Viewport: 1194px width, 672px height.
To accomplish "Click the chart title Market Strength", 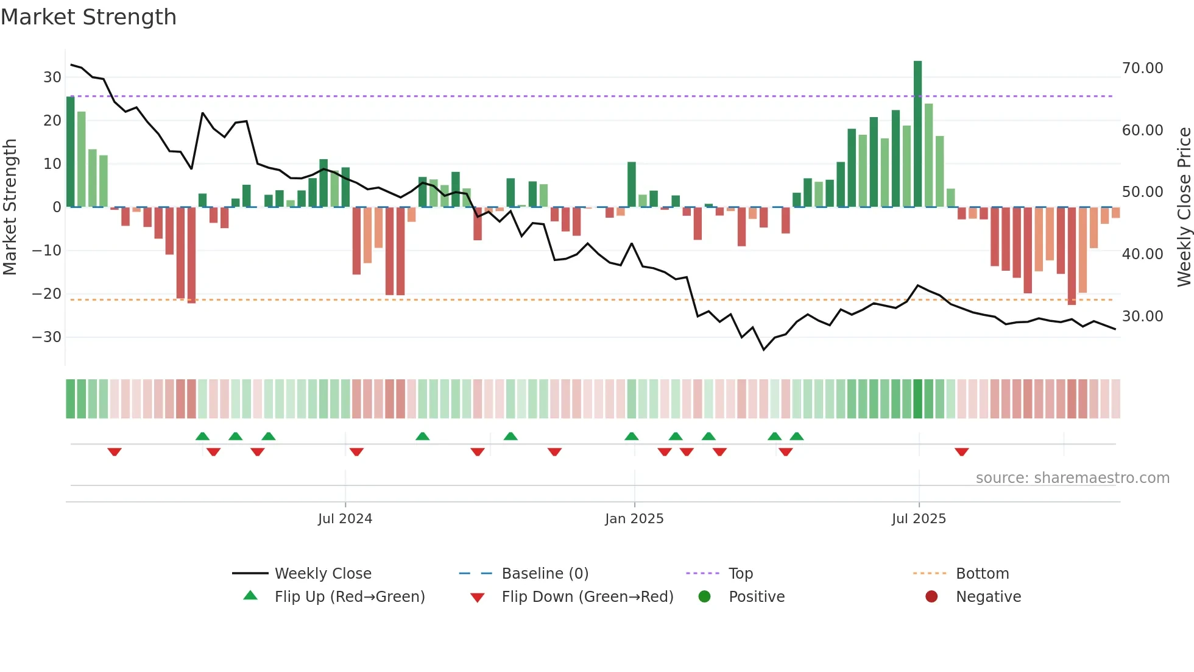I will [88, 17].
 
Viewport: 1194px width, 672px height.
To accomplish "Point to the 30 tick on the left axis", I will [52, 77].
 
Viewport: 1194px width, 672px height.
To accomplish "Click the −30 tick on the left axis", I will [47, 337].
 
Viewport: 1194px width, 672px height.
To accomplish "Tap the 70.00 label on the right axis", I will [1142, 68].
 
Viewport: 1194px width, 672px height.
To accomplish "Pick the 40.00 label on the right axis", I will [1142, 254].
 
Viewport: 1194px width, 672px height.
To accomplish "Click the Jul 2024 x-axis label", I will [345, 519].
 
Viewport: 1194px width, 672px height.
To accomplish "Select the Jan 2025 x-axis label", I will [634, 519].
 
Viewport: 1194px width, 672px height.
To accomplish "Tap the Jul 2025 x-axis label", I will [919, 519].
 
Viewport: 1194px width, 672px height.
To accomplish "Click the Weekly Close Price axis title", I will [1184, 206].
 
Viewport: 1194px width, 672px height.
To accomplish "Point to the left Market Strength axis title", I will [10, 206].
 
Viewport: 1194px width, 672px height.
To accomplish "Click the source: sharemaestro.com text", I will [1072, 478].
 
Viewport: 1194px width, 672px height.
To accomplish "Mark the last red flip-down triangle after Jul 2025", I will [961, 452].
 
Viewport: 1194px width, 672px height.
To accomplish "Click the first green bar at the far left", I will [71, 151].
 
